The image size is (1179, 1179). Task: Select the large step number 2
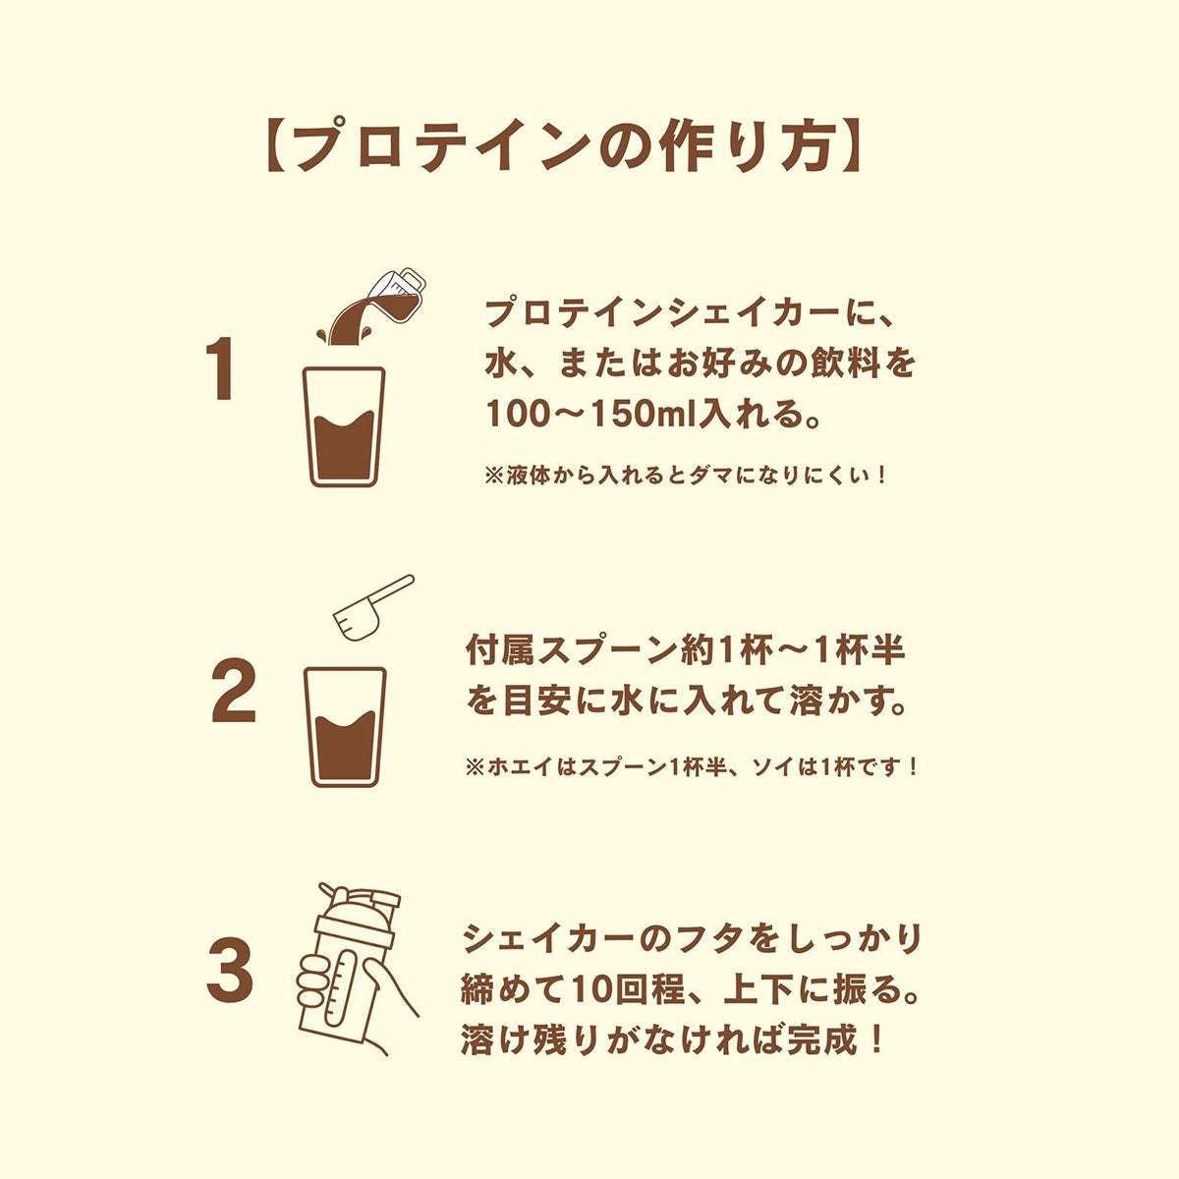pyautogui.click(x=233, y=690)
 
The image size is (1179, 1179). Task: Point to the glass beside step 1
pyautogui.click(x=345, y=427)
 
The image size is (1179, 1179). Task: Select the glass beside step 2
pyautogui.click(x=346, y=727)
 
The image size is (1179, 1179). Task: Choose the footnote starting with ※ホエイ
pyautogui.click(x=692, y=767)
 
